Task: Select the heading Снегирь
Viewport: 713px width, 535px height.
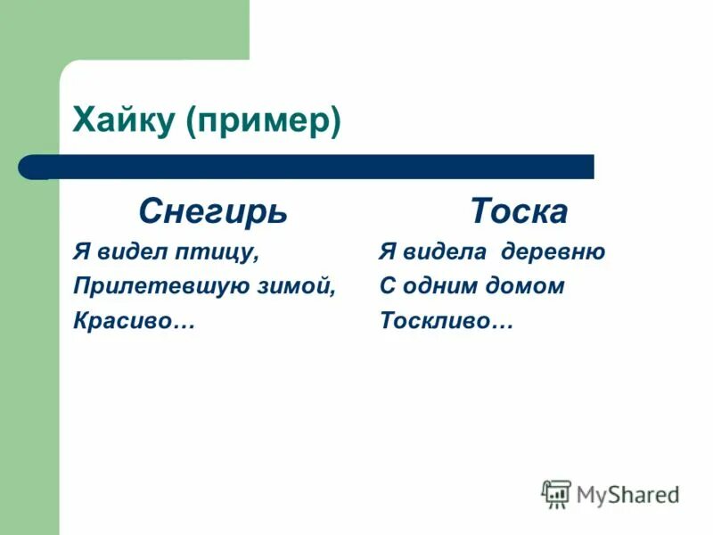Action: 212,212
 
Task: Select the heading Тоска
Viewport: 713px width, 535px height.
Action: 519,212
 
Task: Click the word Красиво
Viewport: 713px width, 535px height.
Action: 125,321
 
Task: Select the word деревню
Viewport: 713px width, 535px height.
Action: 553,252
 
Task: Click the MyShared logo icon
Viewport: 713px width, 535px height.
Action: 556,493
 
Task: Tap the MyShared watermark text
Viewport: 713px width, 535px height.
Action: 627,494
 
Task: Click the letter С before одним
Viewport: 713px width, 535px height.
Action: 387,287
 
